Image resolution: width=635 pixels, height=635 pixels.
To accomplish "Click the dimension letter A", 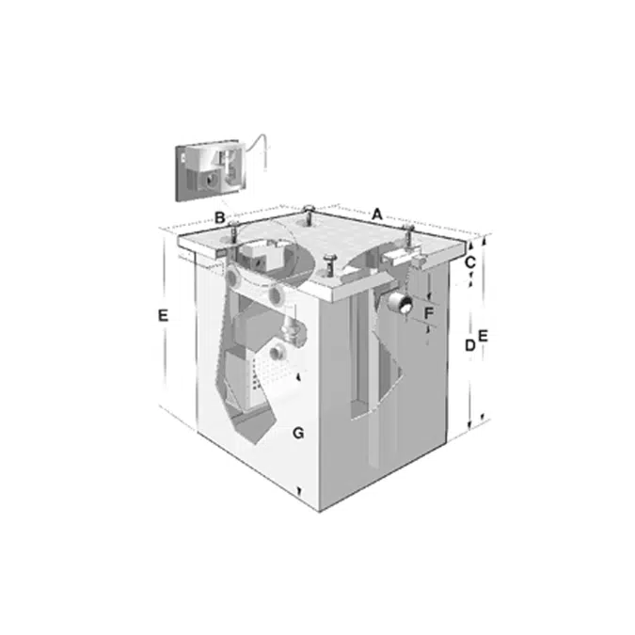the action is pos(377,214).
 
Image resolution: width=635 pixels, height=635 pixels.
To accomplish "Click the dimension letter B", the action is pos(219,218).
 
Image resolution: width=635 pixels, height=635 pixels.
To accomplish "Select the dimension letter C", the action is pos(469,262).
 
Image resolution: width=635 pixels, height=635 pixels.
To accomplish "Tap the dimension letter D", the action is pos(469,345).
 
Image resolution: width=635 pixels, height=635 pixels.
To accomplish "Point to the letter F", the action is pos(428,312).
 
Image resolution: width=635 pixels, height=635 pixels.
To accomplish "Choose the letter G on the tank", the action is pos(298,434).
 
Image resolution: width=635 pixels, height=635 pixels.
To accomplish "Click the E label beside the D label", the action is pos(484,336).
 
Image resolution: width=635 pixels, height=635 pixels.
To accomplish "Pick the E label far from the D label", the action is pos(163,315).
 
